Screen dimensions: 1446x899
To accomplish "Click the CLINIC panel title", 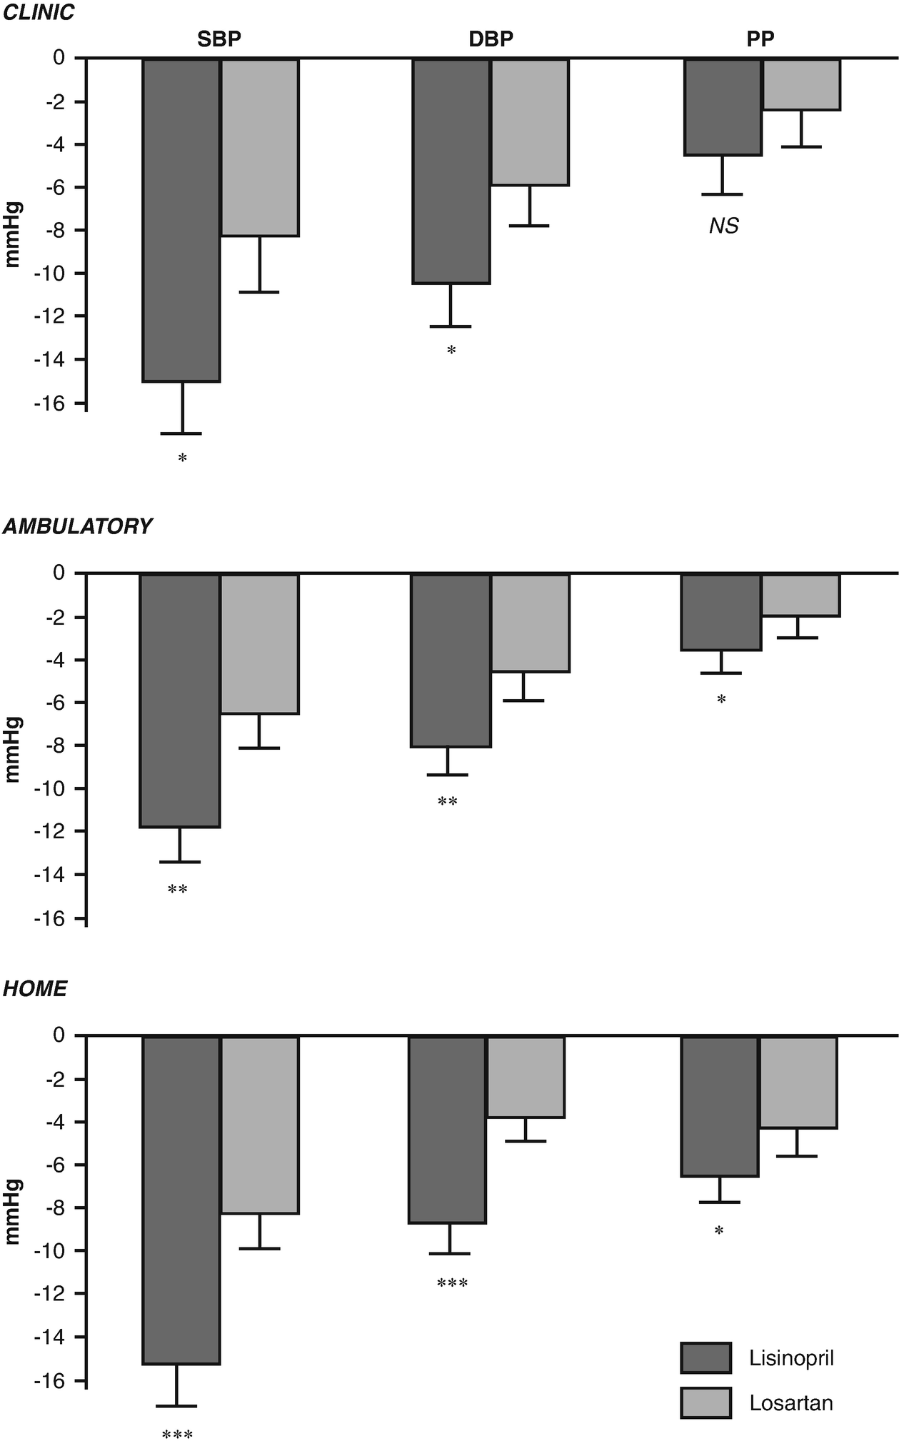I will pyautogui.click(x=39, y=13).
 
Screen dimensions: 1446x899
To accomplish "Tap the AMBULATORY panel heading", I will pyautogui.click(x=77, y=526).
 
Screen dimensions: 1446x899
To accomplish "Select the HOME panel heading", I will pyautogui.click(x=35, y=989).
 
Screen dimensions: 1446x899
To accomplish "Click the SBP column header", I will pyautogui.click(x=219, y=39).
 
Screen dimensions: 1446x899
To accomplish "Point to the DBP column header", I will pyautogui.click(x=491, y=39).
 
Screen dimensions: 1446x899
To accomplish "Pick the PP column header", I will pyautogui.click(x=760, y=39).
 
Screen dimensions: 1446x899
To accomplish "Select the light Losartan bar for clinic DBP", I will pyautogui.click(x=530, y=122).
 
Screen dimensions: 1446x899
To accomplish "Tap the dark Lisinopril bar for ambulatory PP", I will pyautogui.click(x=720, y=612).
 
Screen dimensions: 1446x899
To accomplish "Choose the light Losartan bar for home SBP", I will pyautogui.click(x=259, y=1125).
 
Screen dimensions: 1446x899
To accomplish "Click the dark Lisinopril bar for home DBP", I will pyautogui.click(x=448, y=1130).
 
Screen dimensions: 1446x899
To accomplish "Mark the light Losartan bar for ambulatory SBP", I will pyautogui.click(x=259, y=643).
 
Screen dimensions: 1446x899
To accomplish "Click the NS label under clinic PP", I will pyautogui.click(x=723, y=226).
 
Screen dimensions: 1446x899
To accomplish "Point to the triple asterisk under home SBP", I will pyautogui.click(x=177, y=1435).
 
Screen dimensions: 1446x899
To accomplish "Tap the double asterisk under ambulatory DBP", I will pyautogui.click(x=448, y=802).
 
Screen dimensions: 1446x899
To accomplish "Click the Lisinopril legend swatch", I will pyautogui.click(x=705, y=1357).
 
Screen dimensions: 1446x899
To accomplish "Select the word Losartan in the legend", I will pyautogui.click(x=791, y=1403).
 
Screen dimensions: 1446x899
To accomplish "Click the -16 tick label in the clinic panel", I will pyautogui.click(x=49, y=403).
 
